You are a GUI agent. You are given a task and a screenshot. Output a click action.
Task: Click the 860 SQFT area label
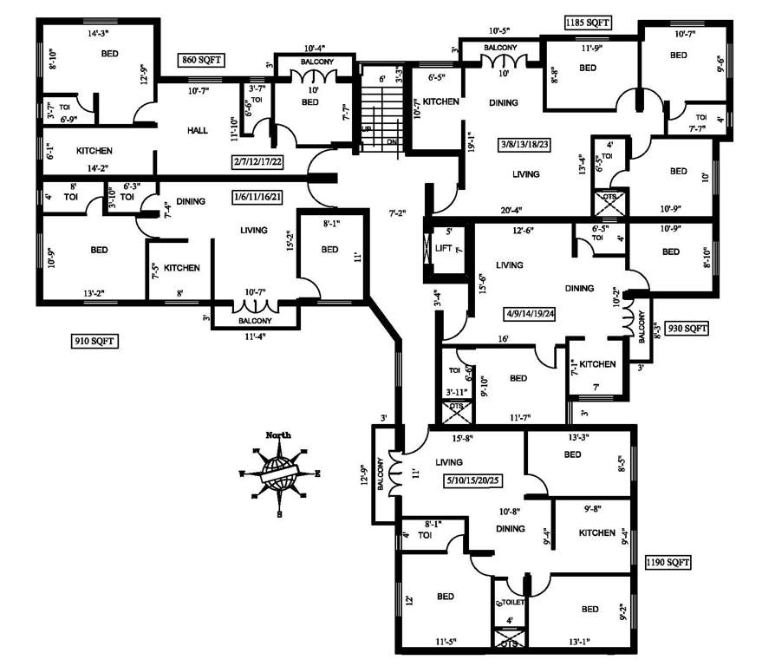pos(201,60)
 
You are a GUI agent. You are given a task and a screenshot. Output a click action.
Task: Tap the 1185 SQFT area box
pos(587,22)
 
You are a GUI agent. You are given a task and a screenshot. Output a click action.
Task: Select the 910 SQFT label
pos(94,342)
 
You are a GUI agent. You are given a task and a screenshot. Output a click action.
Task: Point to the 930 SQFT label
pos(687,329)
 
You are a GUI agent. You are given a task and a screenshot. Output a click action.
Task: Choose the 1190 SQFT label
pos(668,562)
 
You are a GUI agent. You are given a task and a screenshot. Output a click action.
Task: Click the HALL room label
pos(198,130)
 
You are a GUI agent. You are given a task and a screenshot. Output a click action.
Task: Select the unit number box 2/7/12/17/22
pos(270,161)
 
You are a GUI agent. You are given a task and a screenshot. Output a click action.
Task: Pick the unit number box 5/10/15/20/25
pos(474,480)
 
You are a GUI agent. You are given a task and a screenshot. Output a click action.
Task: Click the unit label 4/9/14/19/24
pos(540,313)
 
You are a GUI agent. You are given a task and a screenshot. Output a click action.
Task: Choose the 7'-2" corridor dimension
pos(398,212)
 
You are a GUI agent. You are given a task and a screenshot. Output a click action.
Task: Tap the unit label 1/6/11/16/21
pos(258,197)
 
